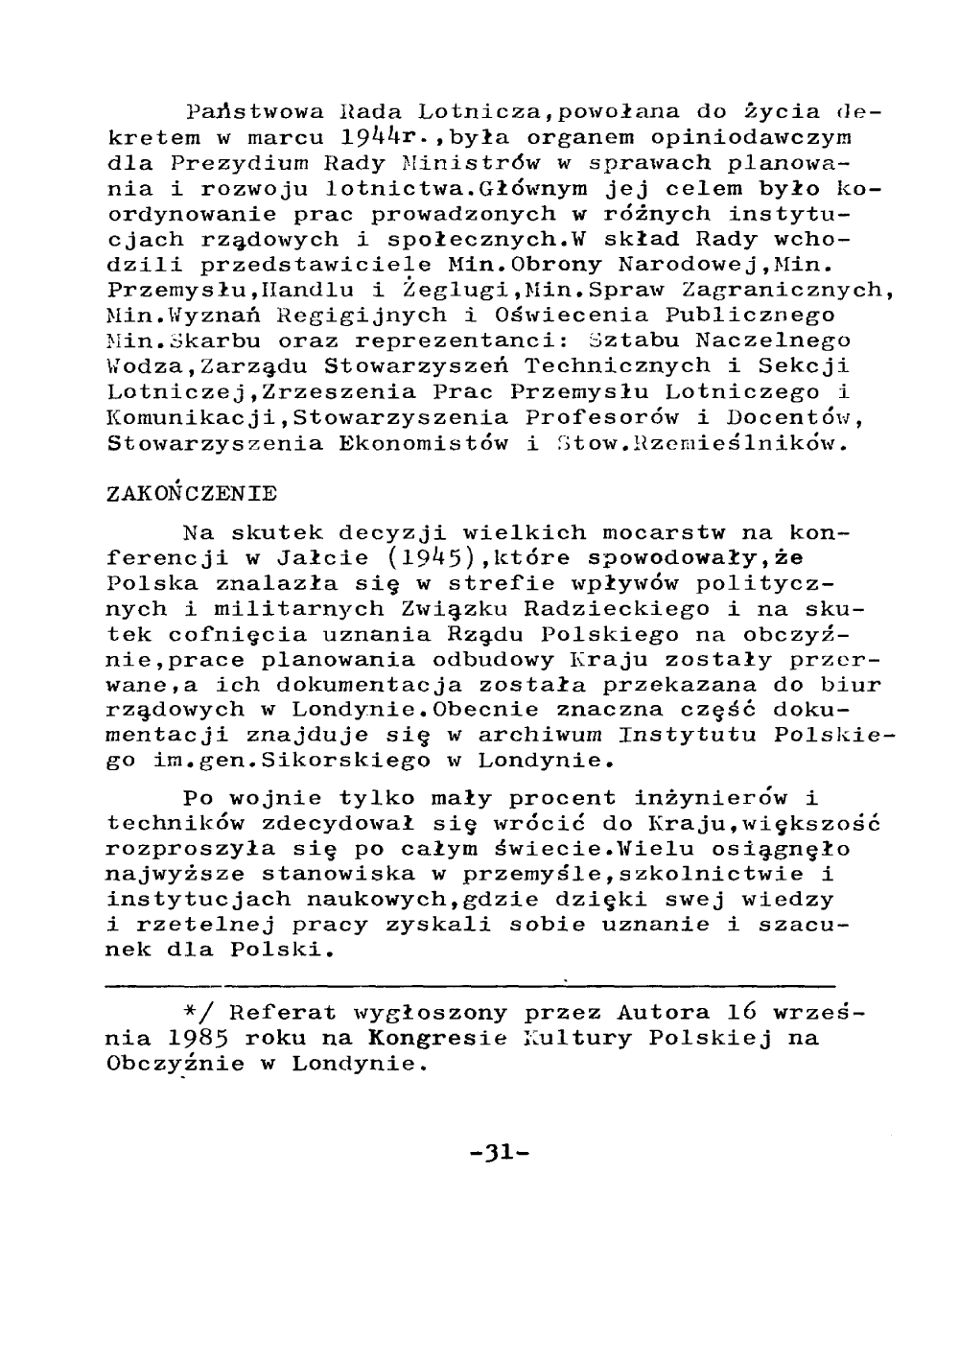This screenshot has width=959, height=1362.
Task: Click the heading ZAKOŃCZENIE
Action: click(192, 494)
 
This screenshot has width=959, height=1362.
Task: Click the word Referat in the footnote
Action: click(281, 1013)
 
